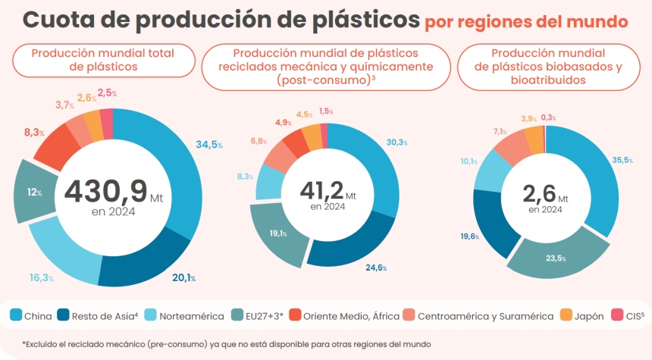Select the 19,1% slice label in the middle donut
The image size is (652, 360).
click(x=278, y=233)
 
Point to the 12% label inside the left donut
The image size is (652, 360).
click(x=34, y=193)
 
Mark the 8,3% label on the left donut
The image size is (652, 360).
click(x=33, y=133)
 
